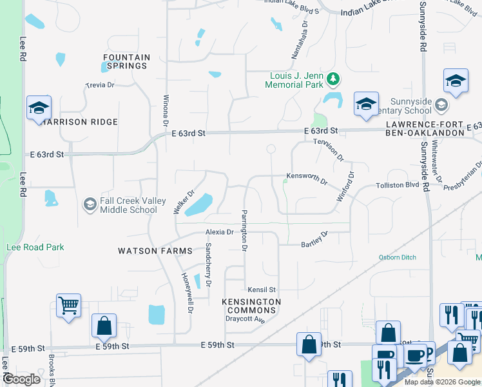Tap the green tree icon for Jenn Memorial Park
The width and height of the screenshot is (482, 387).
coord(333,79)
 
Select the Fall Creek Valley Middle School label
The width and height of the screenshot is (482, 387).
coord(128,205)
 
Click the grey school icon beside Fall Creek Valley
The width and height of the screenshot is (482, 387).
coord(90,205)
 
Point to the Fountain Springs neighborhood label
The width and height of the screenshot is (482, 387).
coord(126,61)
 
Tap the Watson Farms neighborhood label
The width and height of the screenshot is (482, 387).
coord(155,250)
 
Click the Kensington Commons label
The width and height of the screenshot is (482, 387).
coord(251,306)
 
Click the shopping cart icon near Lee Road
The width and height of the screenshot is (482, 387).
coord(68,304)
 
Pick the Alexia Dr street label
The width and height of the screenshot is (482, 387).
coord(219,232)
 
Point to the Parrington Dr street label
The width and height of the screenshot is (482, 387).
coord(244,230)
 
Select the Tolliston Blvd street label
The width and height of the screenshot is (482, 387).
coord(397,186)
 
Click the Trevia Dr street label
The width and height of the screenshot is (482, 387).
coord(100,85)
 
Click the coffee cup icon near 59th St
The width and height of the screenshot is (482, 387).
coord(416,353)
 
